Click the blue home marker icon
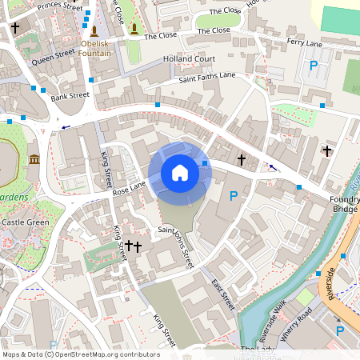(179, 173)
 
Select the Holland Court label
(189, 59)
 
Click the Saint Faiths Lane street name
(207, 76)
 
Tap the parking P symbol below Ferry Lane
(314, 66)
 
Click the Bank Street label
(70, 97)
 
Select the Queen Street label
(54, 55)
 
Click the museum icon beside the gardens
(35, 160)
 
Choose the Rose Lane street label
(129, 189)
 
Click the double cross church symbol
(133, 247)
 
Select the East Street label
(222, 294)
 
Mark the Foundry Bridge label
(344, 204)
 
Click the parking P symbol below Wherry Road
(339, 330)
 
